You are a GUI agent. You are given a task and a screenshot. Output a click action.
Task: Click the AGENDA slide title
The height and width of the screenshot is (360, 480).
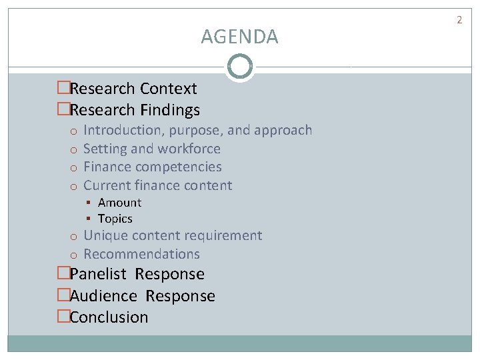pyautogui.click(x=239, y=37)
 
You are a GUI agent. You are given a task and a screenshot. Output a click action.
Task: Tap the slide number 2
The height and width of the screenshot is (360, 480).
pyautogui.click(x=459, y=20)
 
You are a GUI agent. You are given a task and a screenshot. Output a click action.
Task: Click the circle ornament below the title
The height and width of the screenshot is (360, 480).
pyautogui.click(x=239, y=67)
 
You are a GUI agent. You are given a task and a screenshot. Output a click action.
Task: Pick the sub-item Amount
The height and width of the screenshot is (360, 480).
pyautogui.click(x=119, y=203)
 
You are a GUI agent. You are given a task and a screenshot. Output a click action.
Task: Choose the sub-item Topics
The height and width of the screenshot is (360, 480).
pyautogui.click(x=115, y=219)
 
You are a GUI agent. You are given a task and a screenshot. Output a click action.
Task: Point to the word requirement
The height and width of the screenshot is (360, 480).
pyautogui.click(x=223, y=236)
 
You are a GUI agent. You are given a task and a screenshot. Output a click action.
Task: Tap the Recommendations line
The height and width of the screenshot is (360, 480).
pyautogui.click(x=141, y=254)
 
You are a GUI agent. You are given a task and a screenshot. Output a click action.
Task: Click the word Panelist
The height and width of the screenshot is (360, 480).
pyautogui.click(x=100, y=274)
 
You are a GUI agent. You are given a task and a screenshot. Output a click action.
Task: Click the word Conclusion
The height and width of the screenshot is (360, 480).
pyautogui.click(x=109, y=317)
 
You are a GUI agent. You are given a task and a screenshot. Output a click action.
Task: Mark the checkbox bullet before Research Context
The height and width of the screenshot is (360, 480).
pyautogui.click(x=63, y=89)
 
